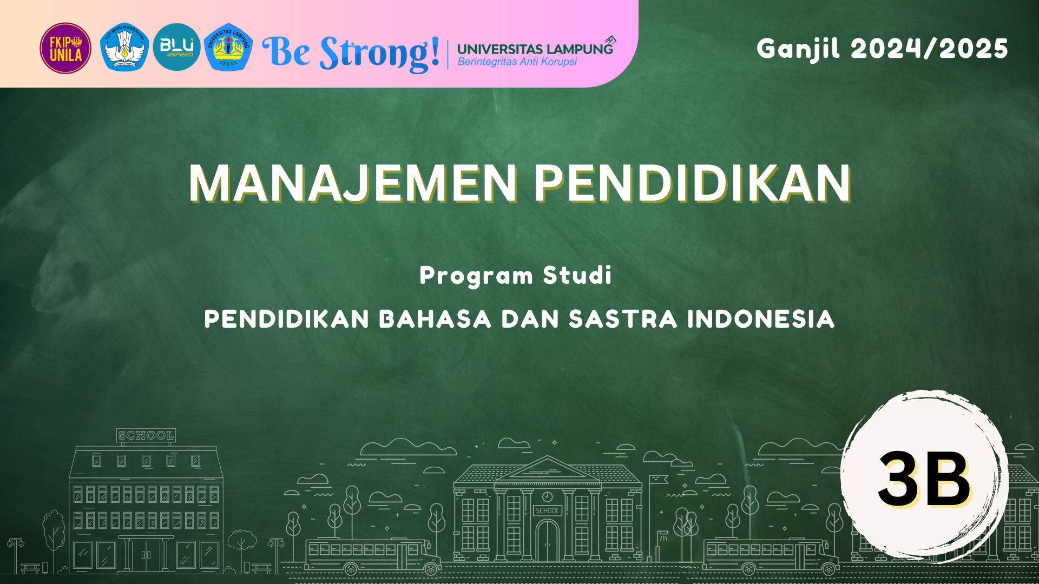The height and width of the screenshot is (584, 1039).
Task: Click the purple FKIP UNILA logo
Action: point(65,48)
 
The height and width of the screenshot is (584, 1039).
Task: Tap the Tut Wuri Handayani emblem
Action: point(124,47)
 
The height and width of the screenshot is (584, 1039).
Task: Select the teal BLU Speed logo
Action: point(176,47)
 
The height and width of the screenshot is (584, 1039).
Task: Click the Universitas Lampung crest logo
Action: point(228,47)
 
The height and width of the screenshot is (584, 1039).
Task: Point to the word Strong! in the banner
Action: point(379,53)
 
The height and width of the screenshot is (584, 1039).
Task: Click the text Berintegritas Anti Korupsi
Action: point(517,62)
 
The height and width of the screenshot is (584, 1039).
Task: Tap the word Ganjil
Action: point(799,49)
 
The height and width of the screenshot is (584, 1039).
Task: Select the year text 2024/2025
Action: point(930,49)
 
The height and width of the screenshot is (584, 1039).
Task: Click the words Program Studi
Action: point(516,276)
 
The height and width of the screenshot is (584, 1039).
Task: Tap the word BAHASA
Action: point(435,319)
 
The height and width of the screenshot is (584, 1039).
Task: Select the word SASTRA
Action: point(623,319)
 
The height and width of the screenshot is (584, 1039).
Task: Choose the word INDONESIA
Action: point(761,319)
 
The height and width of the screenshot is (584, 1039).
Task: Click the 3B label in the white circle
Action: point(924,479)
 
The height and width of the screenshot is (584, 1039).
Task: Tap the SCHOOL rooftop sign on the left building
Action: point(146,435)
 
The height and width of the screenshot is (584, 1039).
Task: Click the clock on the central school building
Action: point(548,496)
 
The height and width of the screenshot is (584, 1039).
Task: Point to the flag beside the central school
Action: point(659,480)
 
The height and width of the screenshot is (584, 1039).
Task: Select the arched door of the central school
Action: point(548,541)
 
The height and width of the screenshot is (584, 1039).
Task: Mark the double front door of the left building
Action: point(146,555)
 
